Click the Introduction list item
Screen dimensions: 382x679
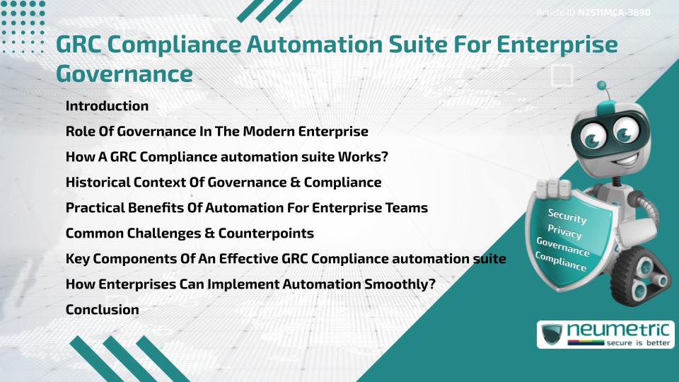pyautogui.click(x=107, y=106)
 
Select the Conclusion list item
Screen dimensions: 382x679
pyautogui.click(x=102, y=309)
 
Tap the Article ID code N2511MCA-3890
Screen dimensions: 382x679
pyautogui.click(x=613, y=13)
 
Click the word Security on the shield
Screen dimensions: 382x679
pyautogui.click(x=567, y=216)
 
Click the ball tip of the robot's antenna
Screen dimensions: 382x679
pyautogui.click(x=602, y=86)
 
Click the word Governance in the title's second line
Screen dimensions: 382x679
pyautogui.click(x=124, y=74)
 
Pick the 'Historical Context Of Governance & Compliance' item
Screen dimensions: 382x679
pyautogui.click(x=224, y=182)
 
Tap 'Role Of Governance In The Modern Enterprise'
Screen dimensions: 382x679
pyautogui.click(x=216, y=131)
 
